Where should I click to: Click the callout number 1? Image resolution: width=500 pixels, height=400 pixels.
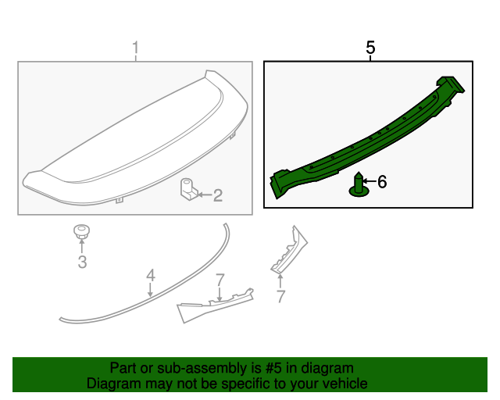135,51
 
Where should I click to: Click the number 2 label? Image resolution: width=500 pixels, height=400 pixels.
218,195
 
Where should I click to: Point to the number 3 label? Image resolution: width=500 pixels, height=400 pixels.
82,262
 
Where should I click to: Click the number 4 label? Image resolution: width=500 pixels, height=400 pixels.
150,275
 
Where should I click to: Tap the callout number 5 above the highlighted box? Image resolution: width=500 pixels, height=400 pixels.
370,48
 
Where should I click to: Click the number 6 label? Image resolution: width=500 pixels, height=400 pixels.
382,182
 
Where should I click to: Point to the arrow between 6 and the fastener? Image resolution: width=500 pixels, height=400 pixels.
370,182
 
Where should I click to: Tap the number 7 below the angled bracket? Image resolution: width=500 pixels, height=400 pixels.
280,296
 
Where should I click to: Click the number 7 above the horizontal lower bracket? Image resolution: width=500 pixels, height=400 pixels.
220,279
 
